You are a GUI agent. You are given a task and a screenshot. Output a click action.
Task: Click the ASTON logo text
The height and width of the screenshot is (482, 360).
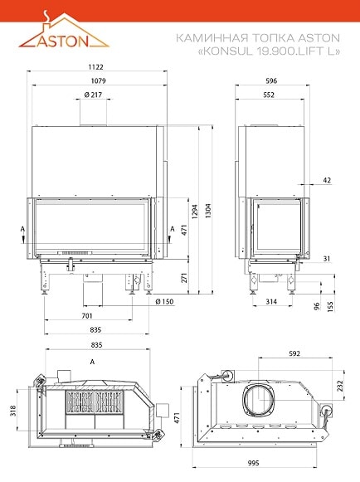click(x=63, y=41)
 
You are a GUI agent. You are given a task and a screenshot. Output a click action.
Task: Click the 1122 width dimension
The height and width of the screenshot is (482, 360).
click(x=96, y=66)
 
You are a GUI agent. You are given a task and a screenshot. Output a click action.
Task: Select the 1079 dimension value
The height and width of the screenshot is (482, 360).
click(x=99, y=80)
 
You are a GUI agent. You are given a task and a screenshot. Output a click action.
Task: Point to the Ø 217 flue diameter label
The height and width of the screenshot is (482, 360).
click(x=93, y=95)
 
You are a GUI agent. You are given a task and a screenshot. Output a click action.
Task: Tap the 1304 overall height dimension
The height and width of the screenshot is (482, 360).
click(x=208, y=211)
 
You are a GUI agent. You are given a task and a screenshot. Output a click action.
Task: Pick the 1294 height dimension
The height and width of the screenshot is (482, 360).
click(x=195, y=212)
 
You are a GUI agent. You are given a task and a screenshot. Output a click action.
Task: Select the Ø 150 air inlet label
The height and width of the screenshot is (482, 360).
click(x=164, y=301)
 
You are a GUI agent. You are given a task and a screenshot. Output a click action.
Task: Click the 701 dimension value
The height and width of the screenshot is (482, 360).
click(x=87, y=316)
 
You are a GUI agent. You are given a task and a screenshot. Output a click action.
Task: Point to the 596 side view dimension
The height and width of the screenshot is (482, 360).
click(x=271, y=80)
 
